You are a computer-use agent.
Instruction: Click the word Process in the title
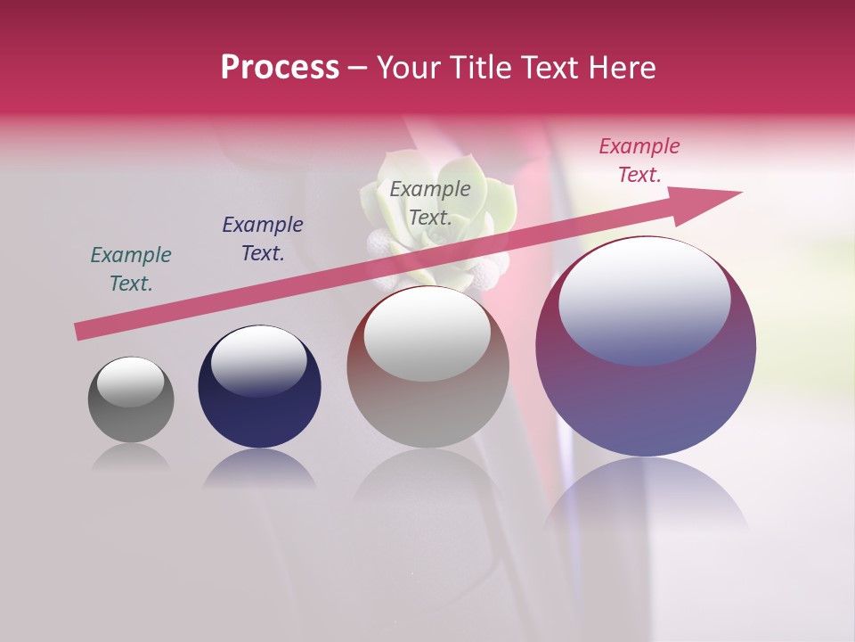coord(280,68)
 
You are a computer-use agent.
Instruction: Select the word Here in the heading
coord(623,68)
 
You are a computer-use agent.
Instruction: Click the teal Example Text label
coord(131,269)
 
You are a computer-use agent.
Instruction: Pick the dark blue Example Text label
coord(263,239)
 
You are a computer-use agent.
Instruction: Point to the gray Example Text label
coord(430,203)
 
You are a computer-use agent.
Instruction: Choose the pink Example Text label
coord(639,160)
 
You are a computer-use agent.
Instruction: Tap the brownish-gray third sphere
coord(427,401)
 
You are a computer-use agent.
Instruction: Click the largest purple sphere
coord(646,401)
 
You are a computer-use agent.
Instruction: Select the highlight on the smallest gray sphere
coord(131,382)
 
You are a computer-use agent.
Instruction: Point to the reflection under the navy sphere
coord(259,468)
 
